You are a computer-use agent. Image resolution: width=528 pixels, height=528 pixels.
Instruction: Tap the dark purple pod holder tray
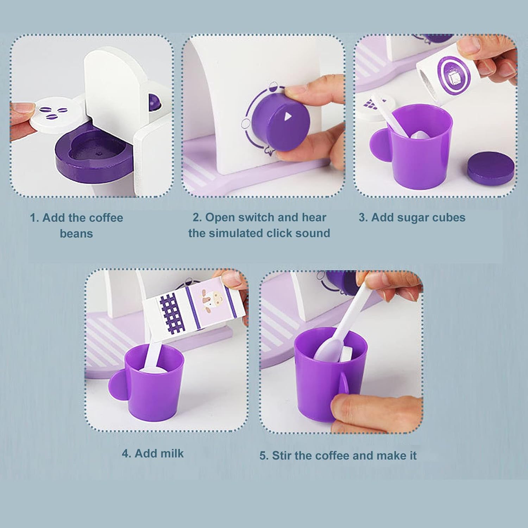94,153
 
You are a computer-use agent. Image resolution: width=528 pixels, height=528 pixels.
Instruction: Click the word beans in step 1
76,234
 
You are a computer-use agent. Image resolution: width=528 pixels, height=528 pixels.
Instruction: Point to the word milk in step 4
172,453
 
